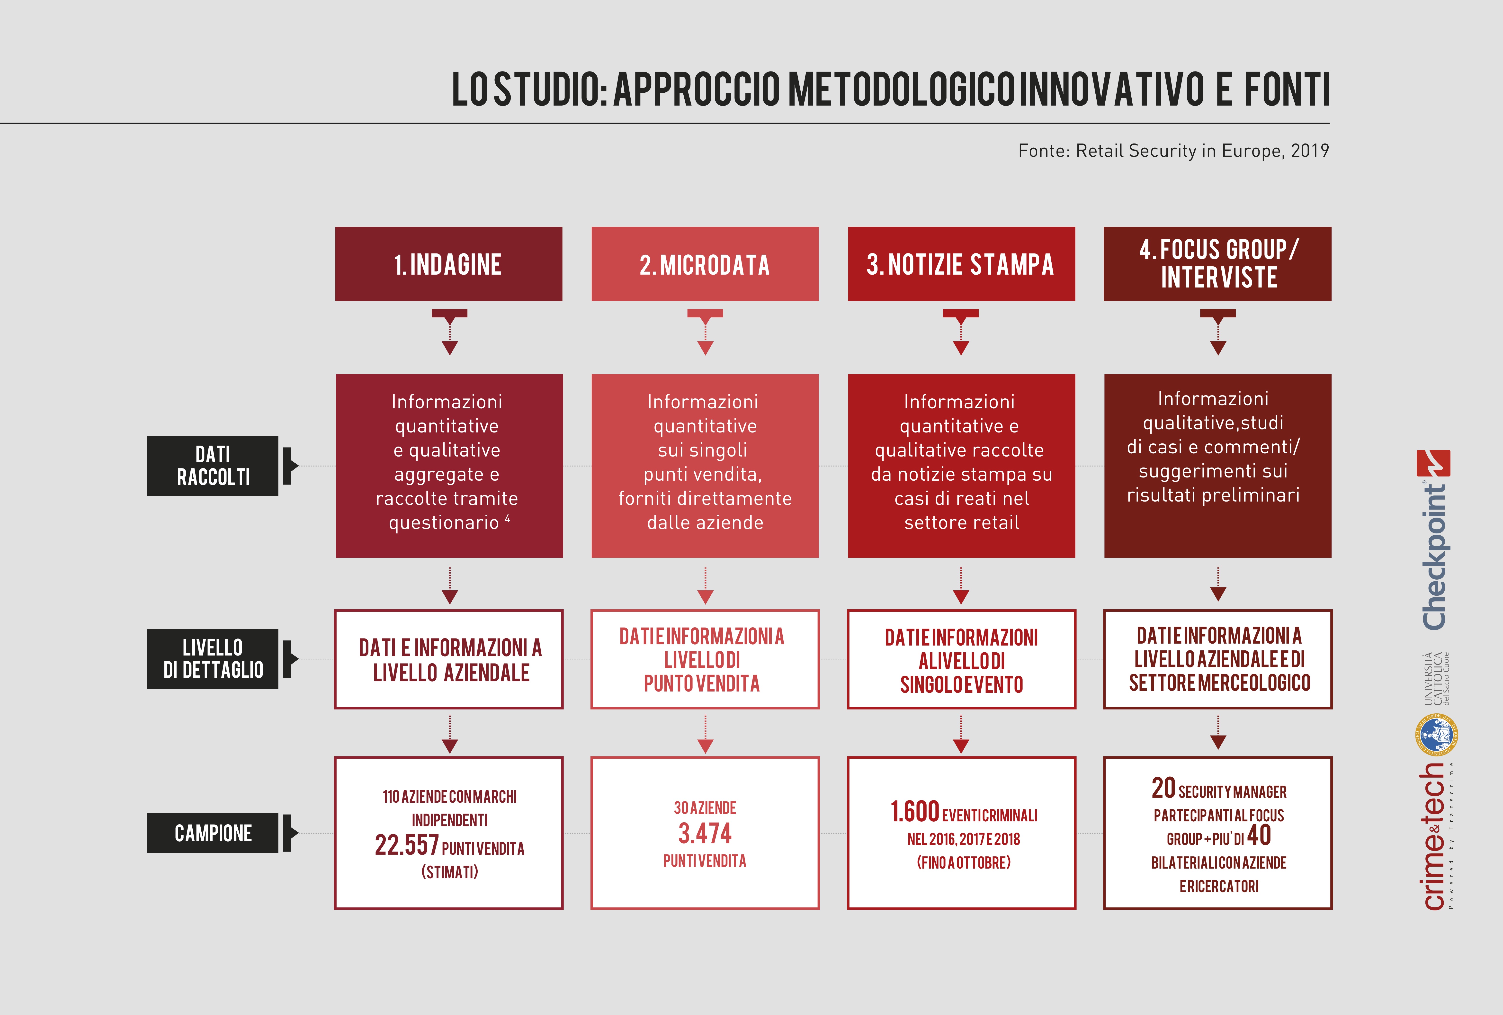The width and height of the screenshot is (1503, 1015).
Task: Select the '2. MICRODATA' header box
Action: (705, 264)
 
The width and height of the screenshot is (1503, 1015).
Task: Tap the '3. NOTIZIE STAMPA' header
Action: (961, 264)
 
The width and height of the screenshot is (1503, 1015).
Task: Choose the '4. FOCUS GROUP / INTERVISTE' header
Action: (1217, 264)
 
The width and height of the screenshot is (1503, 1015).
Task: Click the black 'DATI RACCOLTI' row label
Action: (213, 466)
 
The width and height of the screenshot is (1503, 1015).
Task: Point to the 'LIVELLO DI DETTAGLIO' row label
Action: (213, 659)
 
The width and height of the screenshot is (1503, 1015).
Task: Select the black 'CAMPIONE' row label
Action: (213, 833)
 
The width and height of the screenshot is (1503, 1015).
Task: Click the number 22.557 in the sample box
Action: (407, 845)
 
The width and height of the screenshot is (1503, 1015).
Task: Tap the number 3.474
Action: (705, 833)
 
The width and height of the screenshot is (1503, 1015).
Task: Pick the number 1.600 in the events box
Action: (914, 812)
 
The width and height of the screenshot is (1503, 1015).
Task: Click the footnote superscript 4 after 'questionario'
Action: (508, 518)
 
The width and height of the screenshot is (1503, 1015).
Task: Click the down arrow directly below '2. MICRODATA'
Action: (705, 332)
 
